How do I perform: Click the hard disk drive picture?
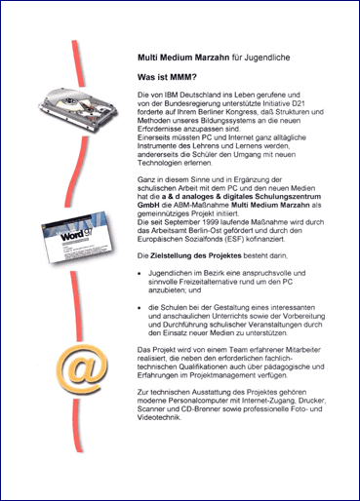(x=78, y=109)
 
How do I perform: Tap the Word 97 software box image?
(x=78, y=237)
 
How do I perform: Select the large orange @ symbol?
(x=82, y=367)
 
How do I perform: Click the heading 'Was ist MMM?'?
(x=167, y=77)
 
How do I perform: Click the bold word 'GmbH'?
(x=148, y=206)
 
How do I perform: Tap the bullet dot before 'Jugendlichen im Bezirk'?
(x=140, y=274)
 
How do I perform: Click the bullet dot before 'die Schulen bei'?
(x=140, y=308)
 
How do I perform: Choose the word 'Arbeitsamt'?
(x=168, y=231)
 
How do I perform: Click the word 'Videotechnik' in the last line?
(x=159, y=418)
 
